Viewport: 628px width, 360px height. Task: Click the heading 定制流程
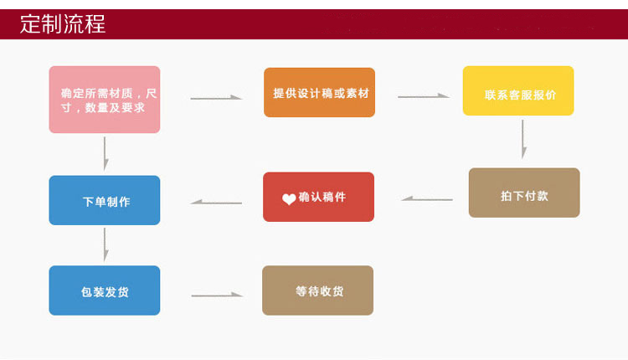[x=63, y=23]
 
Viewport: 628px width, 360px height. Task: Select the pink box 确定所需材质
[x=105, y=100]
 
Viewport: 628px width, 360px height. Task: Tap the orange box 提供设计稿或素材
[x=319, y=93]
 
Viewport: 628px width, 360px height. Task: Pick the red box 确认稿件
[x=318, y=197]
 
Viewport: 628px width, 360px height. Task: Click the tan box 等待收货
[x=317, y=291]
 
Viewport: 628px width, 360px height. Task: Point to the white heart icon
[x=289, y=199]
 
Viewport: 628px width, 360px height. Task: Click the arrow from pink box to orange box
[x=216, y=98]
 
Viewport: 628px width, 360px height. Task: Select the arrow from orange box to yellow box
[x=424, y=96]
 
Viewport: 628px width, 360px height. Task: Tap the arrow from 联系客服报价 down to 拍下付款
[x=524, y=139]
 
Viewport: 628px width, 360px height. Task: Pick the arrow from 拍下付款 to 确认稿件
[x=427, y=199]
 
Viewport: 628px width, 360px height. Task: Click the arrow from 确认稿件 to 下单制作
[x=216, y=202]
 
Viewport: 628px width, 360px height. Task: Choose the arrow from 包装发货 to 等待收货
[x=216, y=295]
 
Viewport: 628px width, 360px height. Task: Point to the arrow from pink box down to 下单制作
[x=105, y=153]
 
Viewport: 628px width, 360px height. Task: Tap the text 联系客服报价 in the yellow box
[x=519, y=94]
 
